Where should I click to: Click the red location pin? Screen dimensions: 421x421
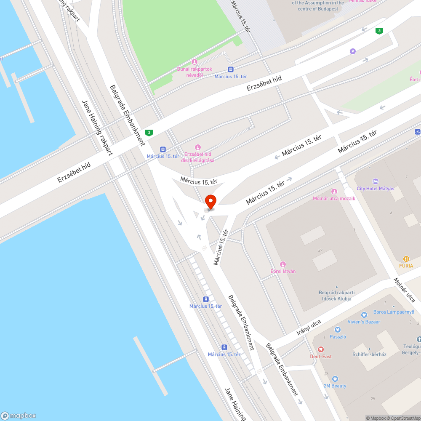pos(210,202)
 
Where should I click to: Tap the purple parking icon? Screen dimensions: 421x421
pos(352,51)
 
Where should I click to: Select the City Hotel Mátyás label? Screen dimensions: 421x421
pos(375,188)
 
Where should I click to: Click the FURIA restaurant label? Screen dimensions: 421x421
pos(406,266)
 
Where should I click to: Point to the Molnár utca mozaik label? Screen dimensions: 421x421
pos(334,198)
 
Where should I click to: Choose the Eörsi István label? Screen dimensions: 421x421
pos(283,271)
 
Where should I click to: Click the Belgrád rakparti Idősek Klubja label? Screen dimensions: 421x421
pos(336,296)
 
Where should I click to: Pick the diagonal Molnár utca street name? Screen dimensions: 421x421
pos(405,290)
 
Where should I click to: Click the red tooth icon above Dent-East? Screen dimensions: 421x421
pos(321,349)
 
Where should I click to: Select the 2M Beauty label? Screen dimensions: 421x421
pos(335,386)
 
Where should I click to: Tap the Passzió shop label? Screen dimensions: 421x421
pos(338,336)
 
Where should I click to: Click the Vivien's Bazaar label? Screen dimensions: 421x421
pos(364,322)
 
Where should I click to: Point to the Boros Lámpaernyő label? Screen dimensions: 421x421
pos(394,312)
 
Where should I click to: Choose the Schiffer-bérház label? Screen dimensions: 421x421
pos(369,354)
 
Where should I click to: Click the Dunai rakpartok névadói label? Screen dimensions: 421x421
pos(194,72)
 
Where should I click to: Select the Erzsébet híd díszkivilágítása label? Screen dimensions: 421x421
pos(198,157)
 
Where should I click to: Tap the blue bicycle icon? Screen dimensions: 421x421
pos(417,131)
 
